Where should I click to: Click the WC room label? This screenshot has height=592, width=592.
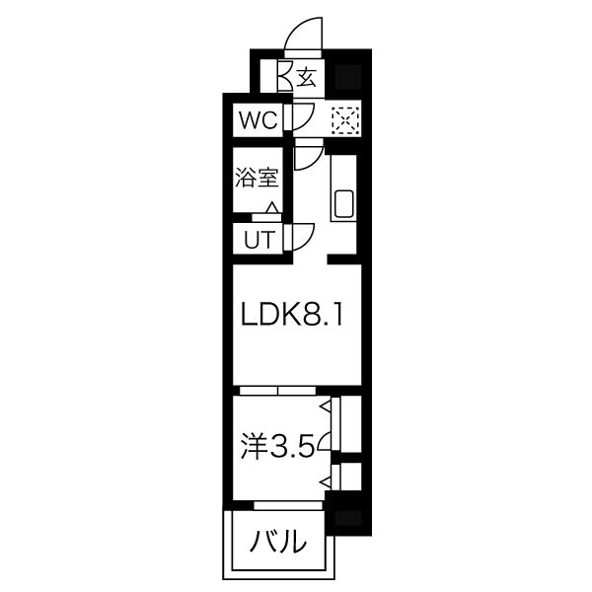tap(257, 122)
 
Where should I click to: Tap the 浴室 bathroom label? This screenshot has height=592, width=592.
tap(257, 179)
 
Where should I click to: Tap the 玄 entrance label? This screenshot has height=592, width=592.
tap(306, 77)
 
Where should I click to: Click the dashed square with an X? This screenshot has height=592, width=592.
tap(346, 120)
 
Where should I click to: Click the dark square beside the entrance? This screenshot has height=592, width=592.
tap(347, 76)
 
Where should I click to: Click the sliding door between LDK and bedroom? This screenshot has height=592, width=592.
tap(279, 390)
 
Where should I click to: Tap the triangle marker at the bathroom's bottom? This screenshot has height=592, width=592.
tap(271, 206)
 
